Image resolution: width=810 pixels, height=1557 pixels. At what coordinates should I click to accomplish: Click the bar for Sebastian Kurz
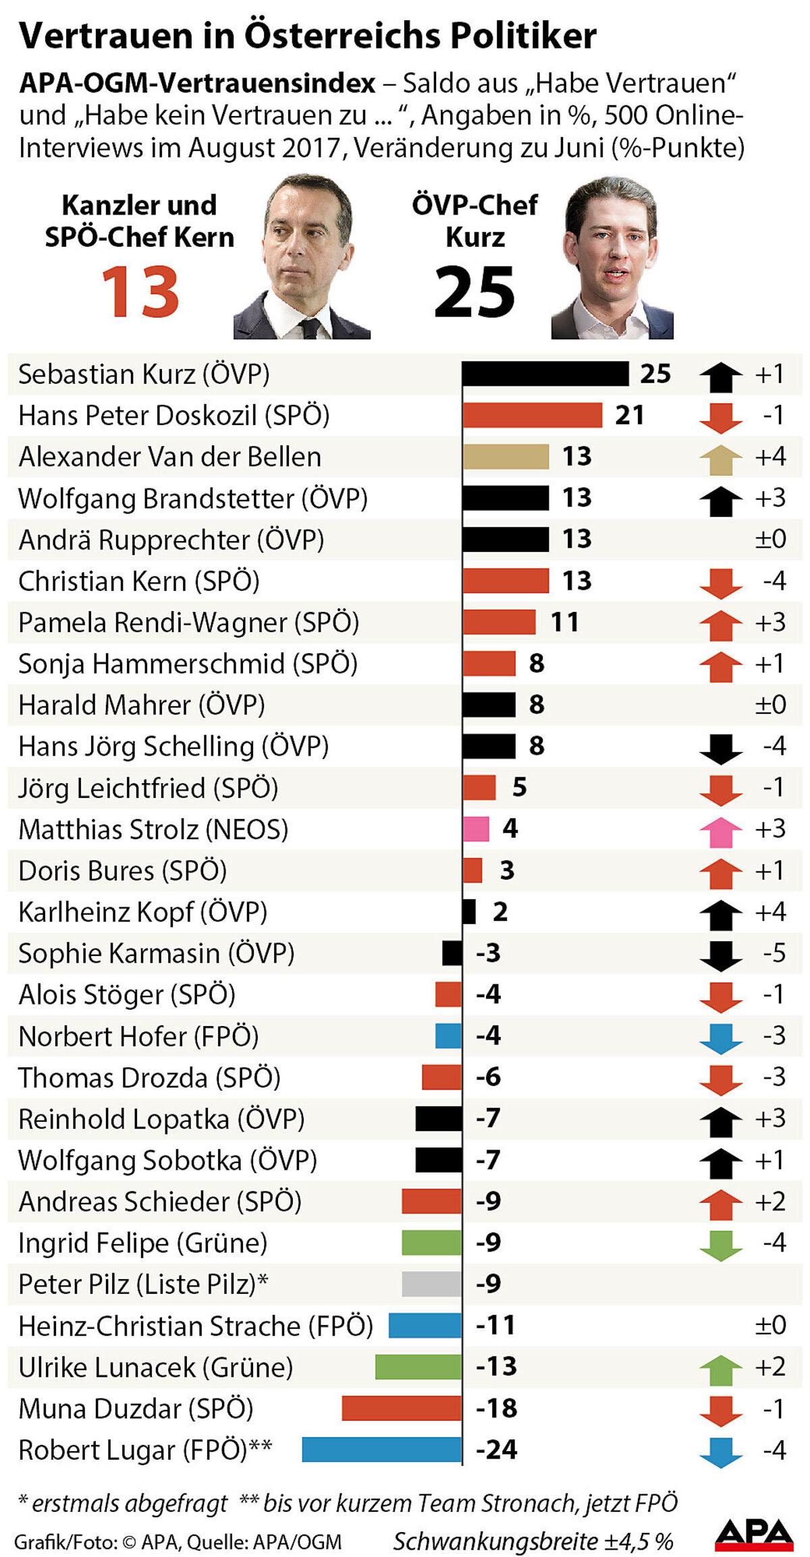(x=545, y=374)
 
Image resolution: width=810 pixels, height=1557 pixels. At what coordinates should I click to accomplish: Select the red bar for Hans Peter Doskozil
(x=532, y=415)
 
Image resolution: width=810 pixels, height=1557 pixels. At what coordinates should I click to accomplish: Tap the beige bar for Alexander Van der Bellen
(x=506, y=457)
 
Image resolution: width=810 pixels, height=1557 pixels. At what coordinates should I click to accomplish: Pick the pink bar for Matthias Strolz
(x=476, y=828)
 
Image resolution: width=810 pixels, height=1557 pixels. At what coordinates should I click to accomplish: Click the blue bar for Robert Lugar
(x=382, y=1449)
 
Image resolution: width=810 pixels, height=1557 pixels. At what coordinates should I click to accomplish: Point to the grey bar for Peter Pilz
(x=431, y=1283)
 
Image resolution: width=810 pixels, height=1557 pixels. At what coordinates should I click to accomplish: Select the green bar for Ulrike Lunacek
(x=418, y=1366)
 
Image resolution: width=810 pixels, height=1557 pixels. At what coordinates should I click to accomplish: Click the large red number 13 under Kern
(x=140, y=292)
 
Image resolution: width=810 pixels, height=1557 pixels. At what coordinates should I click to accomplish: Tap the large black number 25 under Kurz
(x=474, y=292)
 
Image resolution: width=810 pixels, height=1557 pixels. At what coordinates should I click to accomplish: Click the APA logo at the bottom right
(x=754, y=1535)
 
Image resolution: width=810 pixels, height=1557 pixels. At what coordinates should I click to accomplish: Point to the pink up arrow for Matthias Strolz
(x=721, y=831)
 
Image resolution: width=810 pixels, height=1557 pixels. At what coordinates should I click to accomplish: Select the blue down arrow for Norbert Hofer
(x=721, y=1038)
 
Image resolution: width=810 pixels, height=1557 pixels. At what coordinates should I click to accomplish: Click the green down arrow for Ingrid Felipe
(x=721, y=1245)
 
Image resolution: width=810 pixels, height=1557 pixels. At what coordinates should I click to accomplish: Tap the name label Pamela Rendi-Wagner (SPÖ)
(x=188, y=622)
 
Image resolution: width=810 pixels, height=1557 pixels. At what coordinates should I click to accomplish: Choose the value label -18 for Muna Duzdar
(x=496, y=1408)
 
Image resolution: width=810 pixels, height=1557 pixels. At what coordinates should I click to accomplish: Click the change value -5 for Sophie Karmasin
(x=774, y=953)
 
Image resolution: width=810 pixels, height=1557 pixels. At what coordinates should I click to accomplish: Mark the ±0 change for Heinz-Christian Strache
(x=770, y=1325)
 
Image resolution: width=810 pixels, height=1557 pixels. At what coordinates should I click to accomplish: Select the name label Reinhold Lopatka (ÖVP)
(x=161, y=1119)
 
